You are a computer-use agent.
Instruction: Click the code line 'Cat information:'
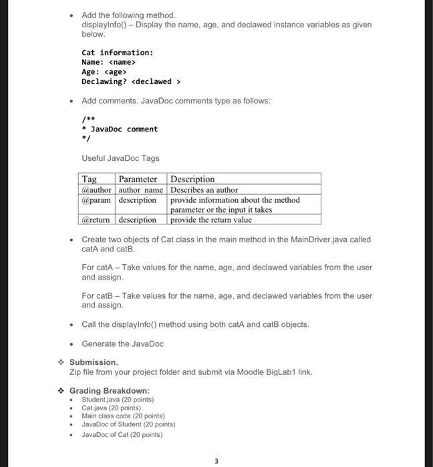point(117,52)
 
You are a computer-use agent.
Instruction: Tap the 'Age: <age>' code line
point(104,72)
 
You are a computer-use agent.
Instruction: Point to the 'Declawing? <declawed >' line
point(131,81)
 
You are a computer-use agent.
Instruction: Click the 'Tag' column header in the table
point(89,179)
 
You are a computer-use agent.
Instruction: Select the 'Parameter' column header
point(138,179)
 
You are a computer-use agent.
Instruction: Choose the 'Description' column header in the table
point(193,179)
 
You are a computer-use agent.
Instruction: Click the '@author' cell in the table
point(97,189)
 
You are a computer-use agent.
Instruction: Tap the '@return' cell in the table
point(97,219)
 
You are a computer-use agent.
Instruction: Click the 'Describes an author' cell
point(204,189)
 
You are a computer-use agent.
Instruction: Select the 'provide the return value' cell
point(212,219)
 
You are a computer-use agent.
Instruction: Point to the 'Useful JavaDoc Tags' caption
point(120,158)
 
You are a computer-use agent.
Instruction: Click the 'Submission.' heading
point(94,362)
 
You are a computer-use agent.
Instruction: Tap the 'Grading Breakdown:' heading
point(110,390)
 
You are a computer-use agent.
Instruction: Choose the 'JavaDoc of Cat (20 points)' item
point(122,434)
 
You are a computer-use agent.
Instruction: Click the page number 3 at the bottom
point(216,460)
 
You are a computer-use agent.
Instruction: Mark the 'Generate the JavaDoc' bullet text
point(122,344)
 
